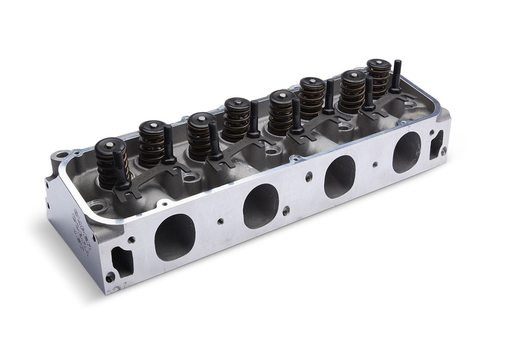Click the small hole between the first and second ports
[x=220, y=221]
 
